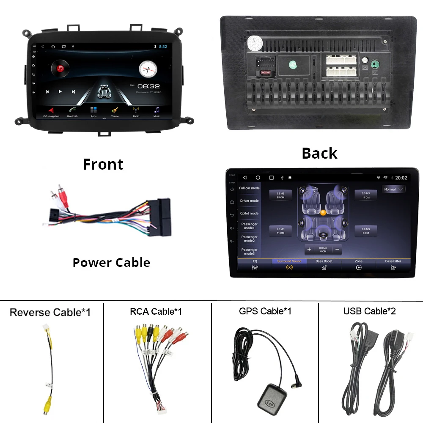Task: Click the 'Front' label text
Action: click(x=103, y=164)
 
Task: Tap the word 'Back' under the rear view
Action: click(x=319, y=153)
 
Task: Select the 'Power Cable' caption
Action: click(x=111, y=263)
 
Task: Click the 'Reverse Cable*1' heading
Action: click(x=50, y=313)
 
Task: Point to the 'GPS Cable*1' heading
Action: click(x=265, y=311)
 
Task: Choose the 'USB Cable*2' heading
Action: click(x=369, y=311)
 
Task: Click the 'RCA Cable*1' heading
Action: click(x=156, y=312)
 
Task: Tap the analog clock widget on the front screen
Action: click(x=148, y=67)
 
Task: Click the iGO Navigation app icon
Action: click(x=51, y=110)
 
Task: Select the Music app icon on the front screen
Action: click(x=157, y=110)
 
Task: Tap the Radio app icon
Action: click(x=136, y=110)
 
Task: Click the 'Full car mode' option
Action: click(x=249, y=188)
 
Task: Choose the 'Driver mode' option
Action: click(x=249, y=201)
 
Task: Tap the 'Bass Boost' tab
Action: click(x=324, y=264)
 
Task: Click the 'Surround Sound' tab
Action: click(x=289, y=264)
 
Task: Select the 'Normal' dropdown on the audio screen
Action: click(x=393, y=190)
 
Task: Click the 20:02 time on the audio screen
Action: click(x=401, y=178)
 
